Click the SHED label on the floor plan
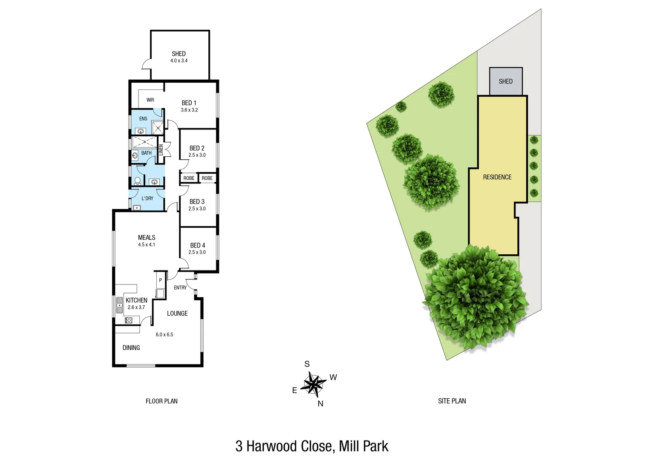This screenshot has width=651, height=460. click(179, 54)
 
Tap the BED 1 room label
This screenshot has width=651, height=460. click(189, 103)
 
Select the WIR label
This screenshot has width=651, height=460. click(150, 100)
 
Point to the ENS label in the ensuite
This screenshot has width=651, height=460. click(143, 119)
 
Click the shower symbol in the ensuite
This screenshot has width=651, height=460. click(158, 127)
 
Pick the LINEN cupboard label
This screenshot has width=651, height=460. click(161, 149)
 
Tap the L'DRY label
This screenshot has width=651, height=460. click(147, 198)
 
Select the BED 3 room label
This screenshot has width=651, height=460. click(197, 201)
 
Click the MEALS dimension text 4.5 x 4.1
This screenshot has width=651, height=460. click(147, 245)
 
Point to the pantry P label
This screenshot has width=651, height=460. click(160, 280)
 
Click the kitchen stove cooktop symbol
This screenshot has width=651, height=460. click(129, 320)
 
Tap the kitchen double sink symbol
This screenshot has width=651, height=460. click(120, 305)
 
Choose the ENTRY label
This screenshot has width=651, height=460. click(180, 288)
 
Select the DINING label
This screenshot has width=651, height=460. click(131, 348)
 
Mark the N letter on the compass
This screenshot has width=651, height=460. click(320, 404)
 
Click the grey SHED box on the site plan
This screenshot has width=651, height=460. click(506, 81)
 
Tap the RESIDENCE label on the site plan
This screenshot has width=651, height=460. click(497, 177)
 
